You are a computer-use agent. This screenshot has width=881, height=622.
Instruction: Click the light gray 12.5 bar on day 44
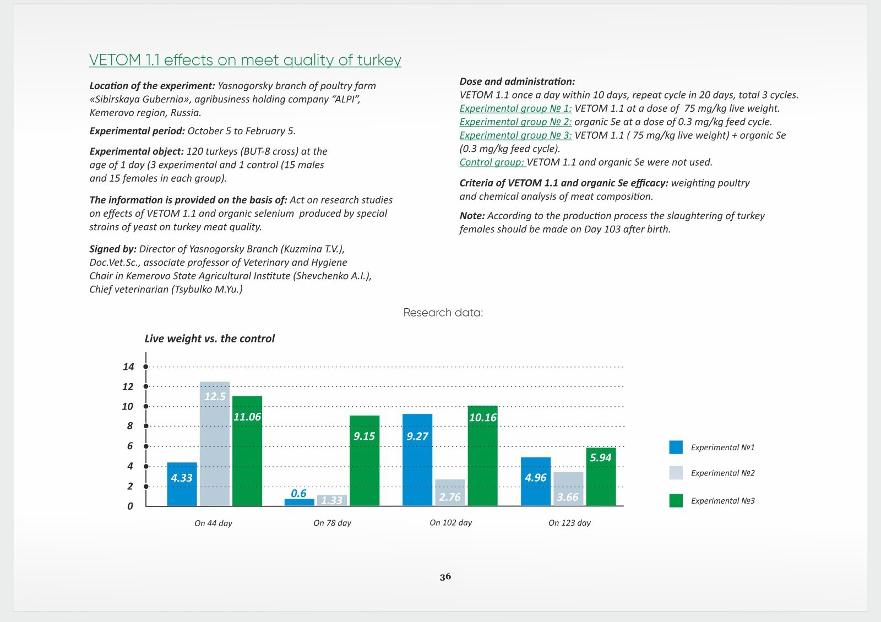tap(214, 444)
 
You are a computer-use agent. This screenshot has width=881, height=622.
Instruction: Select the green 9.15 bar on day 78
tap(365, 460)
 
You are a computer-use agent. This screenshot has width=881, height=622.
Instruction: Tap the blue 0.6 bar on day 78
tap(300, 502)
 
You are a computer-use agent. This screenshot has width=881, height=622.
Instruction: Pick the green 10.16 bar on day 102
tap(482, 456)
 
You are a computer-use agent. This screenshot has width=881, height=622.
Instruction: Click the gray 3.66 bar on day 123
tap(568, 489)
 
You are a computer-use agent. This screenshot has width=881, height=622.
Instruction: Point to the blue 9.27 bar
tap(417, 460)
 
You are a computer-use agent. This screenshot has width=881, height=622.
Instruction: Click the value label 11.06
tap(247, 417)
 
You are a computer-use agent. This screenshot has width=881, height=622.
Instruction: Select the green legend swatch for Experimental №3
tap(676, 500)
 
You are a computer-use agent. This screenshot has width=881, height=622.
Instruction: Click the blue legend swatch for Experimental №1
tap(676, 447)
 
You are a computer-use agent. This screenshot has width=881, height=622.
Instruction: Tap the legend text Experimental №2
tap(723, 473)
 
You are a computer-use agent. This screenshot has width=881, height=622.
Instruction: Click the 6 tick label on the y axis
tap(130, 446)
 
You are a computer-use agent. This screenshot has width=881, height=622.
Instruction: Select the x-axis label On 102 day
tap(451, 522)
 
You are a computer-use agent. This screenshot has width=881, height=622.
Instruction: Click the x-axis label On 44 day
tap(213, 523)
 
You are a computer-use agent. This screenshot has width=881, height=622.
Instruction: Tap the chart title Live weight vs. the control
tap(210, 339)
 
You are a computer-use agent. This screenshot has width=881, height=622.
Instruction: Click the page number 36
tap(445, 577)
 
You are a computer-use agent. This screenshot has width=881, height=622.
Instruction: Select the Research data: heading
tap(443, 313)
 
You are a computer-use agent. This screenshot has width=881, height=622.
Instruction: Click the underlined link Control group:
tap(492, 162)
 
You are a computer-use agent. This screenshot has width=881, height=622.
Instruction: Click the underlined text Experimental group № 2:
tap(515, 122)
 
